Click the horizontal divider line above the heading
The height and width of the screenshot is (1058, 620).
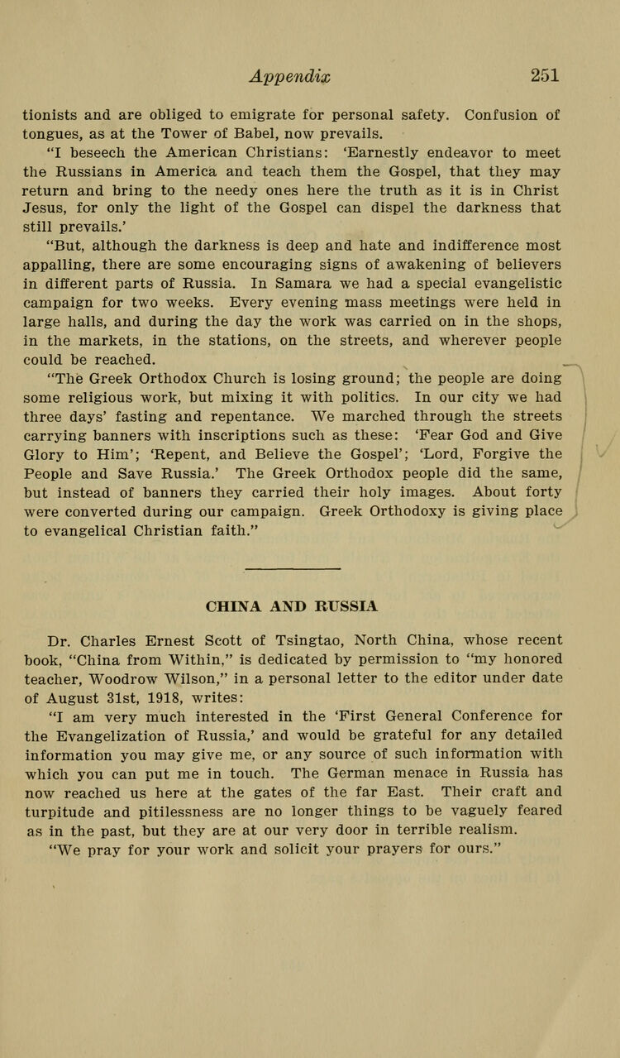[293, 568]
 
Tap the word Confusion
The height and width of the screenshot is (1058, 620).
[498, 114]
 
